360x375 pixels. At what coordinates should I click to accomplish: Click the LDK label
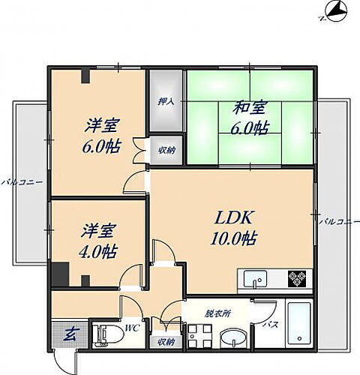pyautogui.click(x=233, y=218)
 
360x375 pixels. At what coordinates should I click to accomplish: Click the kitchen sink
pyautogui.click(x=256, y=279)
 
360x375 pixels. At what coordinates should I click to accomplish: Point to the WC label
pyautogui.click(x=131, y=328)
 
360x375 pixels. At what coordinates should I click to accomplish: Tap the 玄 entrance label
pyautogui.click(x=68, y=332)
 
